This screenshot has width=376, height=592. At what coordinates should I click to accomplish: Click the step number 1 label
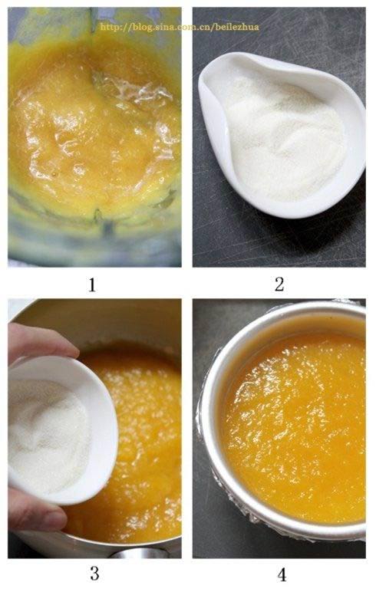click(92, 284)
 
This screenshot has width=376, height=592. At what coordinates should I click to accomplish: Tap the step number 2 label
click(279, 284)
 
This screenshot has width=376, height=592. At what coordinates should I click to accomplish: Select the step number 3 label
click(94, 574)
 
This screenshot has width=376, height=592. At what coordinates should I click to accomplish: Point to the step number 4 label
click(282, 575)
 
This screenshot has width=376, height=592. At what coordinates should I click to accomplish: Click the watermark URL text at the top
click(180, 27)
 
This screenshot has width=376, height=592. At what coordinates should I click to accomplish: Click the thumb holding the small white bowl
click(34, 511)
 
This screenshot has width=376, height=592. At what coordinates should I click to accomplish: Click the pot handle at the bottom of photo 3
click(140, 553)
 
